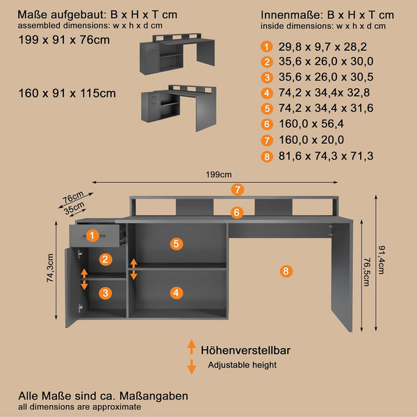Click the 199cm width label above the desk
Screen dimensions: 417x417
point(219,174)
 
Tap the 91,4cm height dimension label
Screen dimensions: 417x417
point(382,260)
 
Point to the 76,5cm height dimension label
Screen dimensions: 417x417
point(367,272)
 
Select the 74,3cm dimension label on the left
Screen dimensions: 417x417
point(50,268)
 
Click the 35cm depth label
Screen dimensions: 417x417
point(74,208)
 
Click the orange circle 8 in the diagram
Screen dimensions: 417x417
point(286,271)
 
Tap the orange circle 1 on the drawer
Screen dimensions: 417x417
point(92,236)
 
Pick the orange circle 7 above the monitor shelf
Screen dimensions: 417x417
point(238,190)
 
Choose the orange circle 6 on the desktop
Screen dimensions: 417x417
point(237,213)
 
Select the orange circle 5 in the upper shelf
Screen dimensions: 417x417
point(177,244)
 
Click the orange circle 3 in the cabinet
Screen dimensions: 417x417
point(106,293)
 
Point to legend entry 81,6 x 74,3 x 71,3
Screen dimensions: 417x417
point(326,156)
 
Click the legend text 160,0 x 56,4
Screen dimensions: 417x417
point(311,124)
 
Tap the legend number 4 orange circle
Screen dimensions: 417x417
point(267,93)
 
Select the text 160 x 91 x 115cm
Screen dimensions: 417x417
point(67,93)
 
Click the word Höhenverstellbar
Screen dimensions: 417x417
point(245,350)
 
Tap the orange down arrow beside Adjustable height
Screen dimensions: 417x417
point(192,367)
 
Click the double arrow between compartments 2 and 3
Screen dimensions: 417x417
point(84,279)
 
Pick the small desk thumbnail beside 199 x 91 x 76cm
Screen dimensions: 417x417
point(177,54)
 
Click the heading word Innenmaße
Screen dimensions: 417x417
point(291,15)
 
